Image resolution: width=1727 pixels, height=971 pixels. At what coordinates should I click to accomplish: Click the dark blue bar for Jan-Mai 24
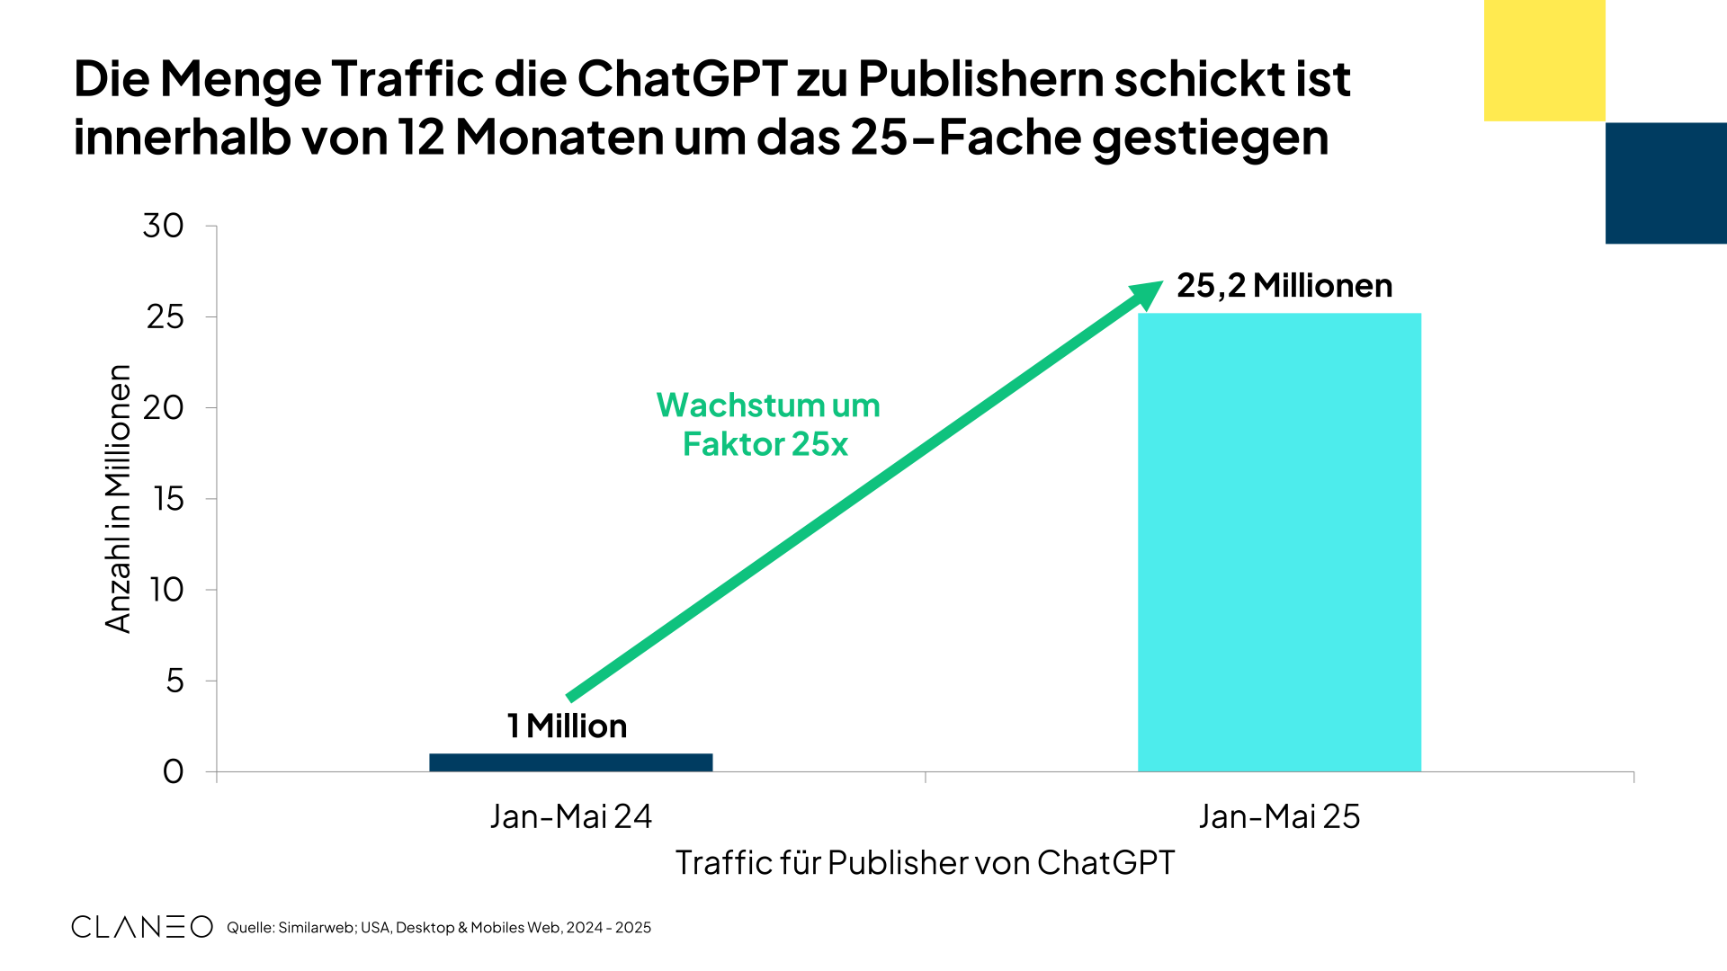570,762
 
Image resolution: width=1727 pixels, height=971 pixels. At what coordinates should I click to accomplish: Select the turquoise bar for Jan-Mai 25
1279,542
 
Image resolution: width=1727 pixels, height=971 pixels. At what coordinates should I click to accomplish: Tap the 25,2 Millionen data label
1284,286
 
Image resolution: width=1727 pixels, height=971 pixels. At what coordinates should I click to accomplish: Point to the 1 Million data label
567,726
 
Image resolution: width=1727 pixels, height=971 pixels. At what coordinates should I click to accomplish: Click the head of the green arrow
1149,293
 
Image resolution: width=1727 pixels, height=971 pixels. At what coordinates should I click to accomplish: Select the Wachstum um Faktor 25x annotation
767,424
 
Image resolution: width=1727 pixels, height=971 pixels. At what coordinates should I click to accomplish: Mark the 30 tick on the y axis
164,226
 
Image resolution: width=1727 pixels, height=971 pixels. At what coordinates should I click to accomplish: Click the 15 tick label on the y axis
168,499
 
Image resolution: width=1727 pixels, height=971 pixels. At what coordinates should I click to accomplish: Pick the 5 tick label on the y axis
174,681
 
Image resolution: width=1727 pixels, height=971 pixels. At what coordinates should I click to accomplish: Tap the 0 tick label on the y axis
174,771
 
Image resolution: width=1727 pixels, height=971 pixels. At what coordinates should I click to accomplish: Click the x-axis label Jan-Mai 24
570,816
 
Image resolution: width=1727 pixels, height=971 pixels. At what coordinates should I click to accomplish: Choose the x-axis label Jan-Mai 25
1279,816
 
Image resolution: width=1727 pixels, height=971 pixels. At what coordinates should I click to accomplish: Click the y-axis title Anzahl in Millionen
118,499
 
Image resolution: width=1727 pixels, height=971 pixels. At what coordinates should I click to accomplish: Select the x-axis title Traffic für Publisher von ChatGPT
925,862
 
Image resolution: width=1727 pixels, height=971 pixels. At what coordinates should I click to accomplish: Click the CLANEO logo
142,927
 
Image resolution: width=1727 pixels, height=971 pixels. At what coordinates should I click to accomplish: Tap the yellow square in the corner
1544,60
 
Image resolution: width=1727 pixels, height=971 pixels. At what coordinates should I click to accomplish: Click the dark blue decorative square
1666,183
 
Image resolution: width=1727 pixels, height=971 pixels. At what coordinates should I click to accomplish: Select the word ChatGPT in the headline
683,79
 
